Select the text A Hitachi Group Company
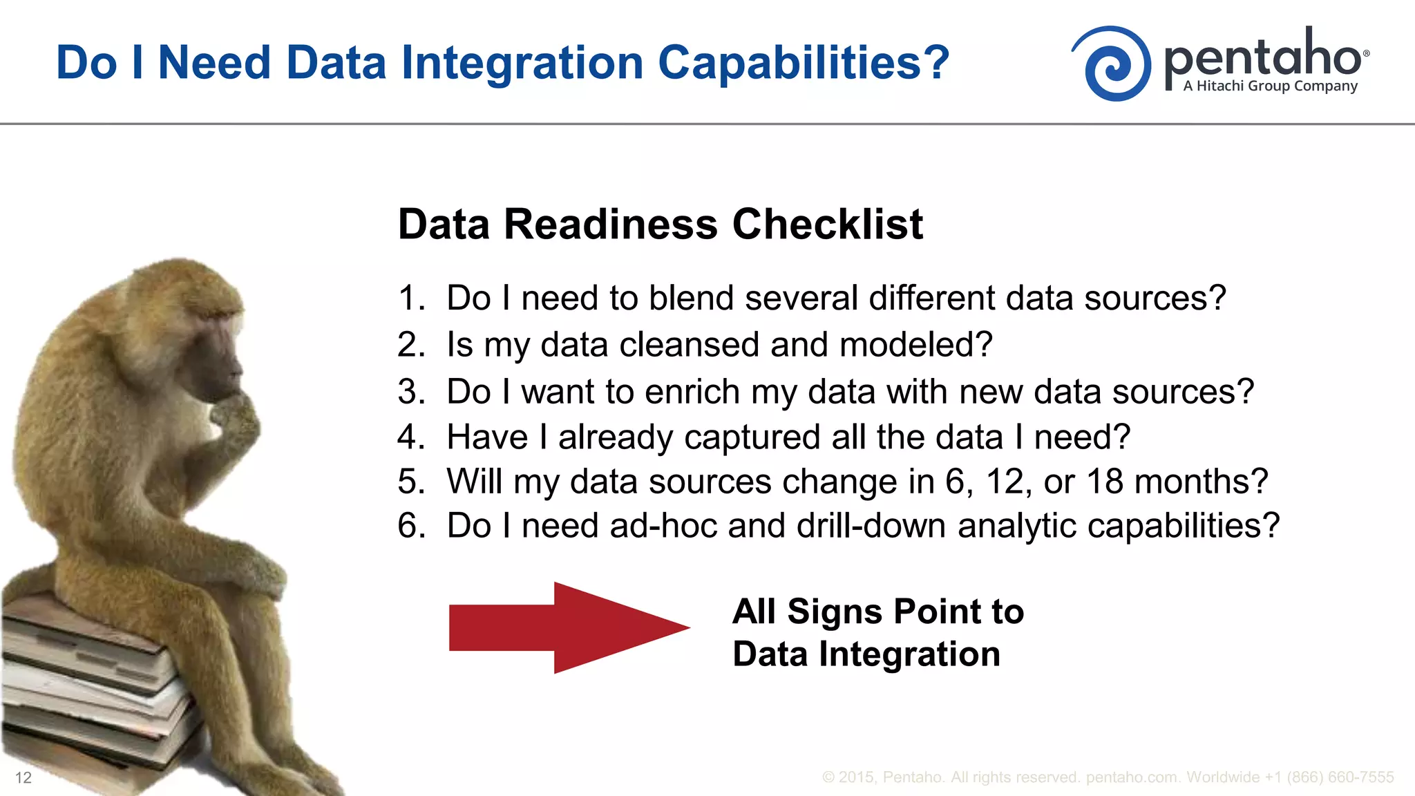coord(1270,86)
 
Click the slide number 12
coord(23,777)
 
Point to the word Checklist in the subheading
coord(827,225)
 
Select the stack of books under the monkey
coord(90,684)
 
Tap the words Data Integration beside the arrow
coord(866,654)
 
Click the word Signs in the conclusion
coord(834,612)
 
